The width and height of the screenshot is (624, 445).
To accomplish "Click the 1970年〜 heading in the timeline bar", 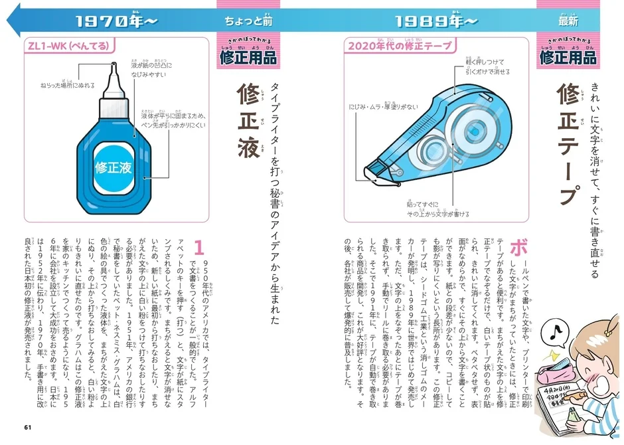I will [x=117, y=21].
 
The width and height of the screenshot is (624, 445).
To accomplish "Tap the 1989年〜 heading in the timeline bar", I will [x=435, y=21].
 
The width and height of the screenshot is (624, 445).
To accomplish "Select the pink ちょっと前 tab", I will [x=248, y=21].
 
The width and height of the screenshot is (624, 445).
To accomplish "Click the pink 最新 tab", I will [x=568, y=21].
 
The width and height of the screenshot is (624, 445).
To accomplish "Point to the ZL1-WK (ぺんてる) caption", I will [x=67, y=46].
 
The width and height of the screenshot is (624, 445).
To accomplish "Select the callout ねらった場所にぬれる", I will [x=67, y=86].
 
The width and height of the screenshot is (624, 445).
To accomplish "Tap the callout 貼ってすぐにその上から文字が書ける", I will [x=438, y=209].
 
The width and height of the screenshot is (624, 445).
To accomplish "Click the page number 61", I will [x=27, y=426].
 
